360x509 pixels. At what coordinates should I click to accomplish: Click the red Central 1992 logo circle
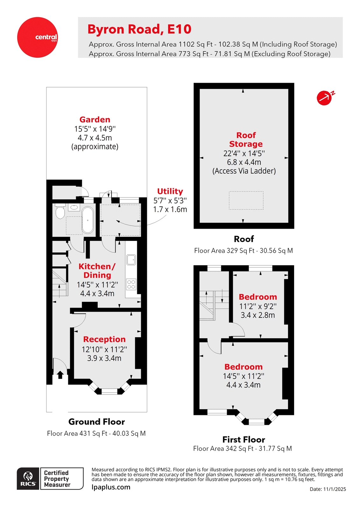38,37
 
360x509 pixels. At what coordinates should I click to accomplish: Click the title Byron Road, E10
139,29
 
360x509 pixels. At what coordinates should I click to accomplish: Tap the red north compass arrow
325,98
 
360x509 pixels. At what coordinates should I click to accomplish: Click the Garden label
95,120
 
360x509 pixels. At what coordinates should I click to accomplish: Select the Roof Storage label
246,140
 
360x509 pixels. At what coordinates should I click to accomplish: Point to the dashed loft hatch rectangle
246,200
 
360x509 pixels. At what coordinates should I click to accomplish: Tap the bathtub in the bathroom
88,220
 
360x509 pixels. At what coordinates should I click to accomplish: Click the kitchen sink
131,260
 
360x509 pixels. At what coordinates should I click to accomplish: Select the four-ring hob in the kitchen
131,284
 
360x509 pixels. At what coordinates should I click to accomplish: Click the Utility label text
170,191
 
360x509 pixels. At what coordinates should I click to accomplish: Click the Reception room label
104,339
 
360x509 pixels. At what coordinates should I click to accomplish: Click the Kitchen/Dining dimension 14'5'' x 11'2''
97,285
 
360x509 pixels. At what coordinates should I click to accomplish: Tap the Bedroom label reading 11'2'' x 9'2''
258,306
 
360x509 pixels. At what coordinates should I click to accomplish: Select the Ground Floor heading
96,422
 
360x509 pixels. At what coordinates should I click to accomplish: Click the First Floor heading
244,440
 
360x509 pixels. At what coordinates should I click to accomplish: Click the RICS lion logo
28,478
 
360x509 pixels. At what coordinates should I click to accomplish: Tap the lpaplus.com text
111,487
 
